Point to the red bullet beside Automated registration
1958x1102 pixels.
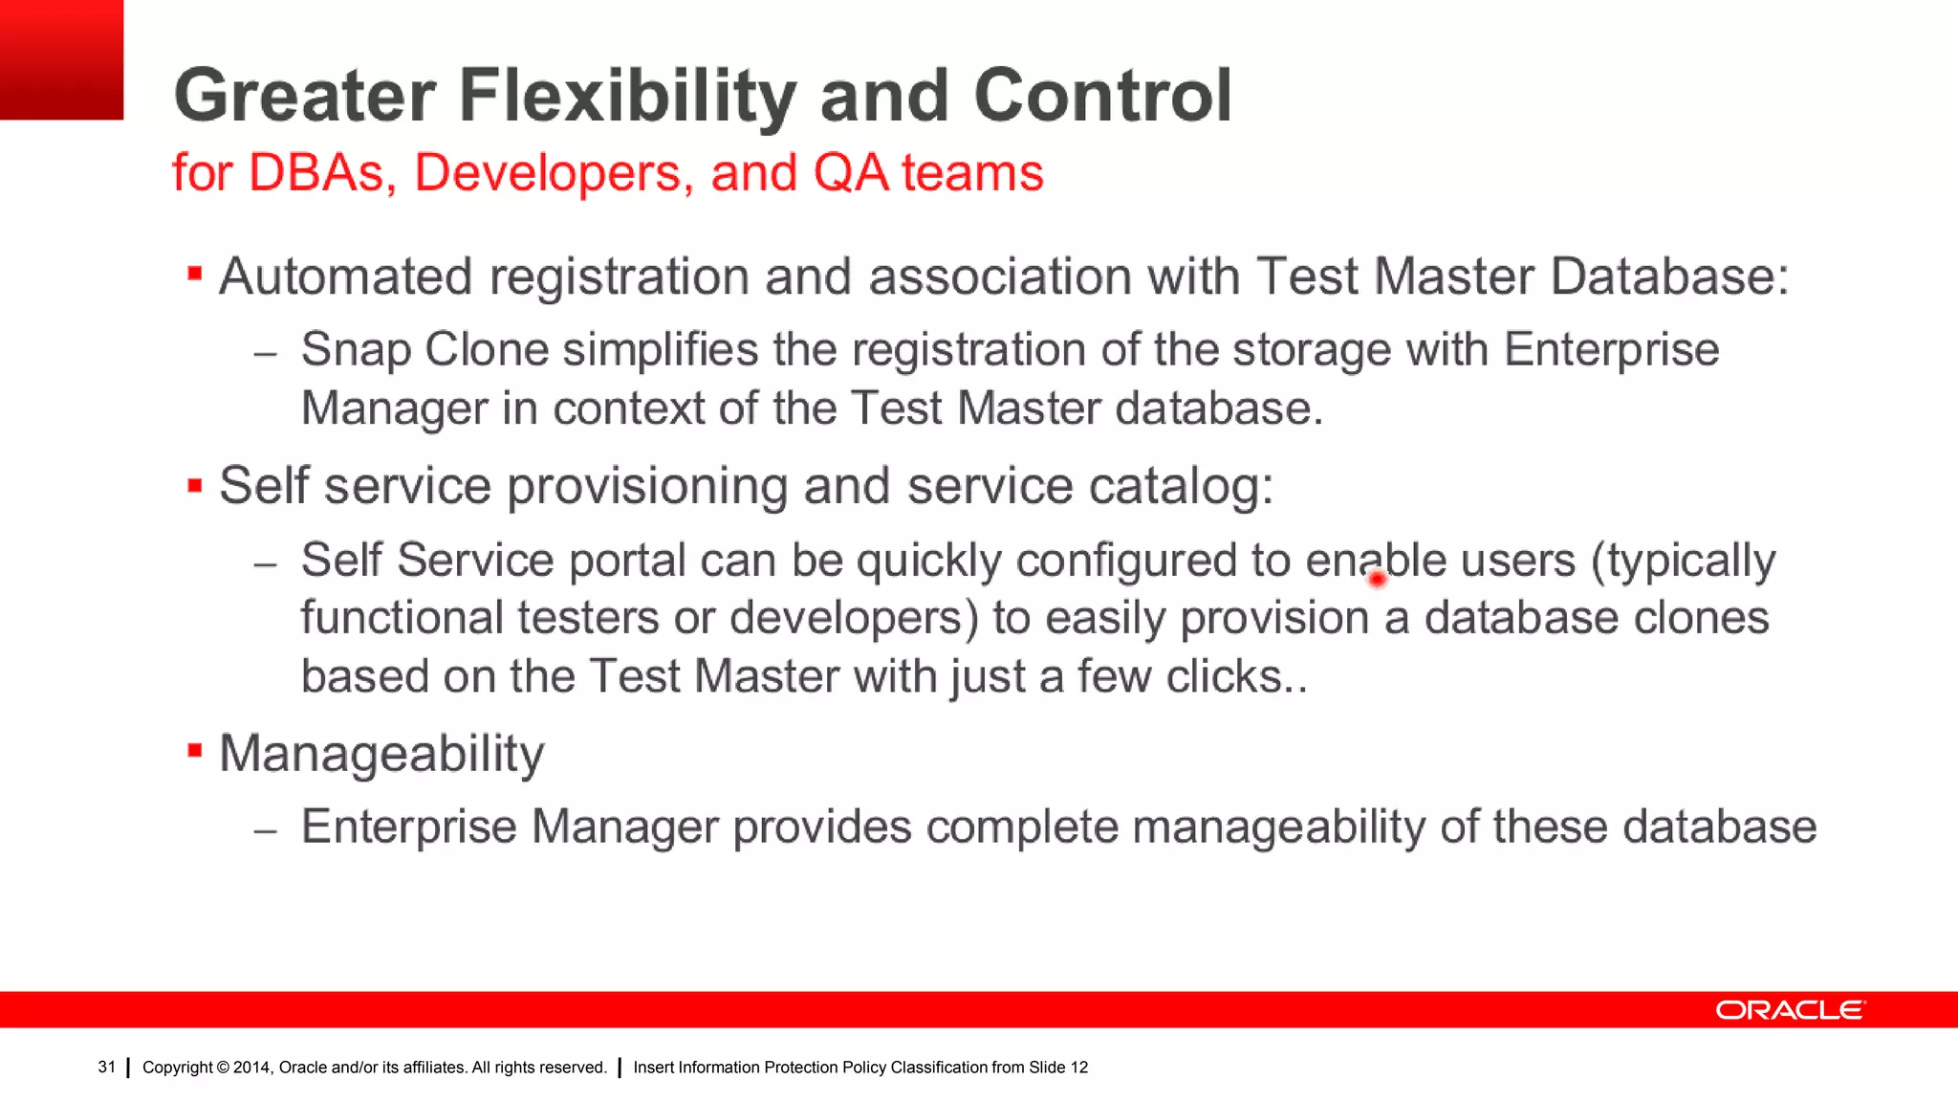195,275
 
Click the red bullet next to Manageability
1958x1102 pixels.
195,751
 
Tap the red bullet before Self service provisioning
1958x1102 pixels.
195,485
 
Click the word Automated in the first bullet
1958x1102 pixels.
345,276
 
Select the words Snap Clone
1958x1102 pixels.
424,349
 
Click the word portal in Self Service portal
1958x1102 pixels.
627,561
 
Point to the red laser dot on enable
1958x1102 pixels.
1377,578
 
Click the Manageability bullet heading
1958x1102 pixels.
381,754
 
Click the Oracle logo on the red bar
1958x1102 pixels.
1790,1010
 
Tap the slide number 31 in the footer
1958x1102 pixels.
106,1067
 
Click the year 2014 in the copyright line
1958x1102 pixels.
251,1068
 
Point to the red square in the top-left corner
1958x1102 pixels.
61,59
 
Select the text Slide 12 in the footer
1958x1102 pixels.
1058,1068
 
